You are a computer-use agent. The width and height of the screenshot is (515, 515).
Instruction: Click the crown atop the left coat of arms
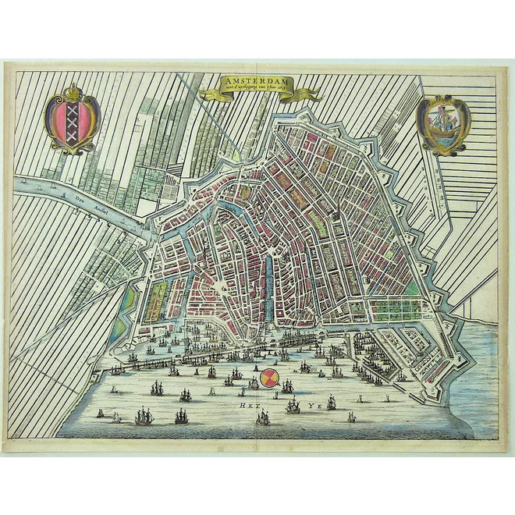pos(73,93)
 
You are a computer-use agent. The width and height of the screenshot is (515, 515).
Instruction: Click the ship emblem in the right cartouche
pos(442,123)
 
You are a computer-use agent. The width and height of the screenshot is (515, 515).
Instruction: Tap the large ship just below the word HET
pos(263,418)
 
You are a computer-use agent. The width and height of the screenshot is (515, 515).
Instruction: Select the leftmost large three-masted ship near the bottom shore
pos(144,417)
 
